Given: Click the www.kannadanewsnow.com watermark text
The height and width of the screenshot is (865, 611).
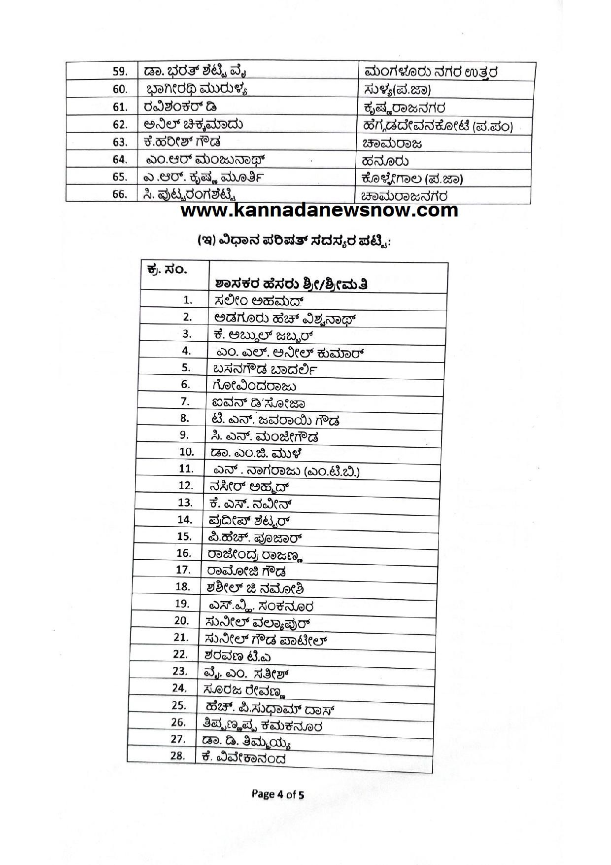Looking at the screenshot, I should click(319, 211).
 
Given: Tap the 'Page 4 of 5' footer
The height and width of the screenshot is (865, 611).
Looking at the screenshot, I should click(278, 794).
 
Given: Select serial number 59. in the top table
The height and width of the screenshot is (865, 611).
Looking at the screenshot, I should click(120, 72).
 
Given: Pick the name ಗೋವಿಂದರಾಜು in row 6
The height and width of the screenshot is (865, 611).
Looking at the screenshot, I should click(254, 385).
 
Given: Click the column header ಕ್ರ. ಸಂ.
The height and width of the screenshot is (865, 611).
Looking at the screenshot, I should click(167, 270).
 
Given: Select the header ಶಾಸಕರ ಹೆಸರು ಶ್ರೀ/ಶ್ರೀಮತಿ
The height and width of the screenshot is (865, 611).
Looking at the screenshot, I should click(292, 285).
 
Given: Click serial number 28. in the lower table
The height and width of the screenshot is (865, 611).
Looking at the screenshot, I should click(177, 756).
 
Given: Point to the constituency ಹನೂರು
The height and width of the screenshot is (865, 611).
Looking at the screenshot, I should click(385, 161).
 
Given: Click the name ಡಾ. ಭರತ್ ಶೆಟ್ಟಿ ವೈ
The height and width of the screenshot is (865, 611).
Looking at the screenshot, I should click(195, 72).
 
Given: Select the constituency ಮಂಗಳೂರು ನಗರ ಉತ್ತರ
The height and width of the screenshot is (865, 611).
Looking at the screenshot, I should click(431, 72).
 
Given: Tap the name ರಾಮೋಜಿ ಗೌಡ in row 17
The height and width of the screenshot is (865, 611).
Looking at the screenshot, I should click(246, 572).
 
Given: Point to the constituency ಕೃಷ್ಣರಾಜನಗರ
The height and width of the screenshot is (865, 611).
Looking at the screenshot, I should click(404, 108).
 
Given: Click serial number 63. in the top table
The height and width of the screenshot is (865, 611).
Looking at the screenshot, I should click(120, 142).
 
